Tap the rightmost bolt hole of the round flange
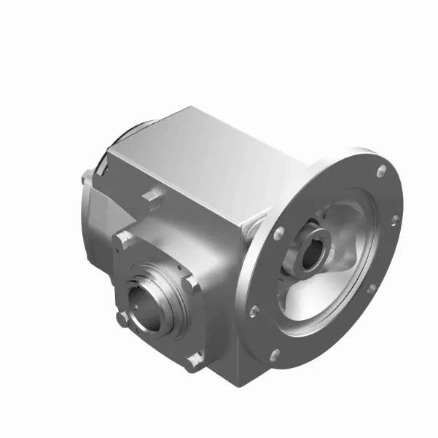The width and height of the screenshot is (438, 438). tap(394, 219)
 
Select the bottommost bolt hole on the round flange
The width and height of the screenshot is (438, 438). tap(275, 355)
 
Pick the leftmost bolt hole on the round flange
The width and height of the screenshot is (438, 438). tap(254, 311)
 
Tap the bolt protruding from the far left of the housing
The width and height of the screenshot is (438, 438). tap(87, 176)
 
